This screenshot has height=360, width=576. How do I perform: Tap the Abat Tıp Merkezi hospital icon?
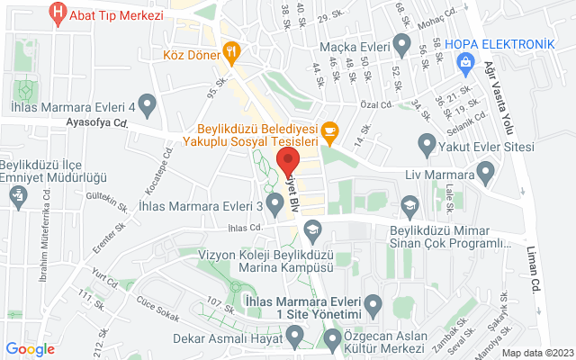[x=58, y=13]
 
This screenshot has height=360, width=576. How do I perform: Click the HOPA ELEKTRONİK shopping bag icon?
[x=464, y=62]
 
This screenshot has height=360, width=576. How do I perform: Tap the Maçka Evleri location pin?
[x=402, y=45]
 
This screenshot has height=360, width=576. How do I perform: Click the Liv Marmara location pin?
[x=487, y=171]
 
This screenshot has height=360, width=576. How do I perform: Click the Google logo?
[x=31, y=349]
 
